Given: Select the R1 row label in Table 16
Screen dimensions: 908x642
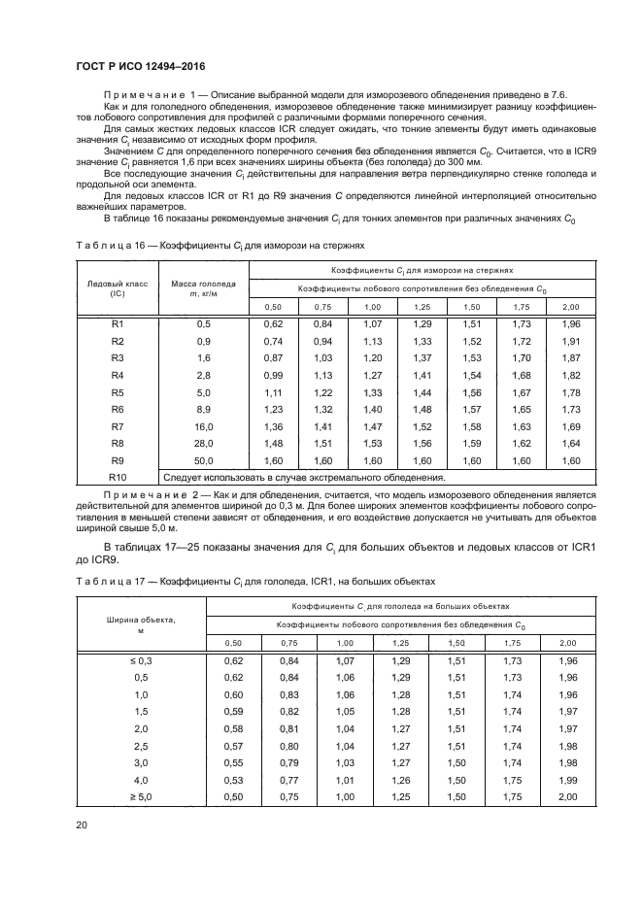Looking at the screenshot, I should click(118, 323).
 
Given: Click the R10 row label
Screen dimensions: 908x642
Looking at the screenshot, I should click(118, 478).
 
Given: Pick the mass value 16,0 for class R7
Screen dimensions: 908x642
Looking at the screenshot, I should click(204, 426).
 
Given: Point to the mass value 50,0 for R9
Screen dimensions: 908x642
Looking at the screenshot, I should click(204, 461).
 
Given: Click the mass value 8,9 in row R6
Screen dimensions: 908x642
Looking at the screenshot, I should click(204, 409).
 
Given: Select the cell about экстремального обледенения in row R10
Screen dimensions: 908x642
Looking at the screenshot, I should click(304, 478).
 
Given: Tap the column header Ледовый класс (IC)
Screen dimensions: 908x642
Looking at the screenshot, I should click(118, 287).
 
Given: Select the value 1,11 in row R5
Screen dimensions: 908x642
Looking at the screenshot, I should click(273, 391).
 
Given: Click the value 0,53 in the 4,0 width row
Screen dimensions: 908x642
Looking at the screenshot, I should click(234, 780).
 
